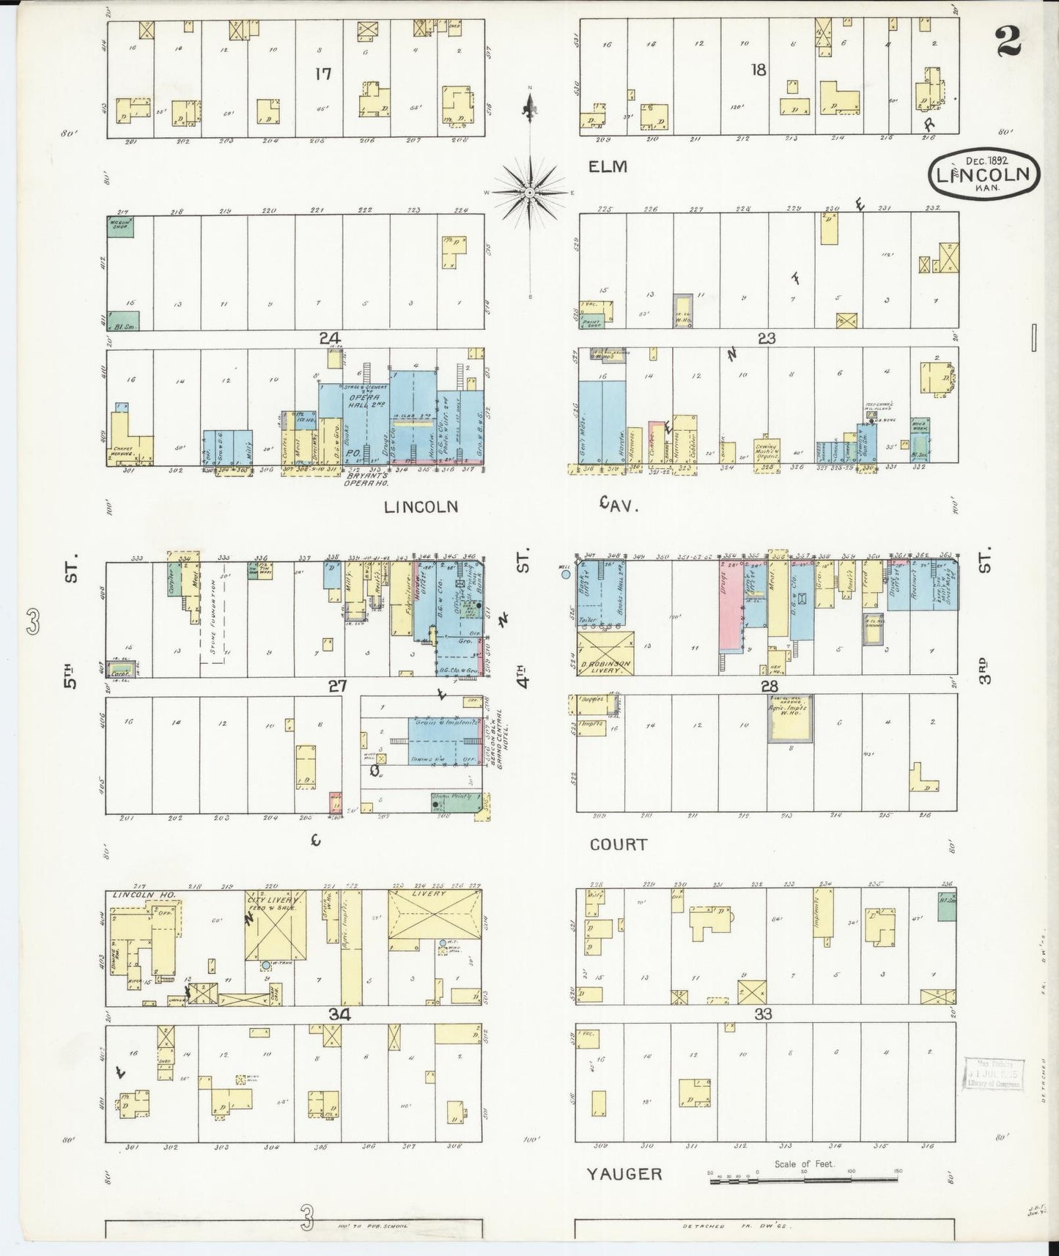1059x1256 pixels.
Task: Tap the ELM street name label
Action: click(x=608, y=166)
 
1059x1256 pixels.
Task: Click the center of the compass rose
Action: click(x=529, y=192)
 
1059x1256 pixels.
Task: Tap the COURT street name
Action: click(x=619, y=844)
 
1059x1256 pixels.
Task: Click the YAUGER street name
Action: click(x=624, y=1173)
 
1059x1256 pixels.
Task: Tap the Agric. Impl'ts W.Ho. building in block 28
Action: click(x=789, y=719)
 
